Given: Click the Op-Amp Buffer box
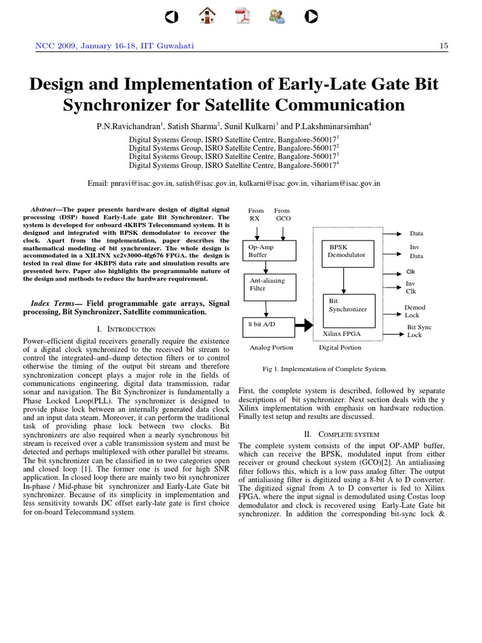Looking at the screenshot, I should (266, 251).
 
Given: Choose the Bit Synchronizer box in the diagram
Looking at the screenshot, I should (347, 305).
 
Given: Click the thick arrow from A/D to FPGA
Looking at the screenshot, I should (304, 325).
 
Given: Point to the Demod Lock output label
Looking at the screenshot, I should (415, 311).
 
